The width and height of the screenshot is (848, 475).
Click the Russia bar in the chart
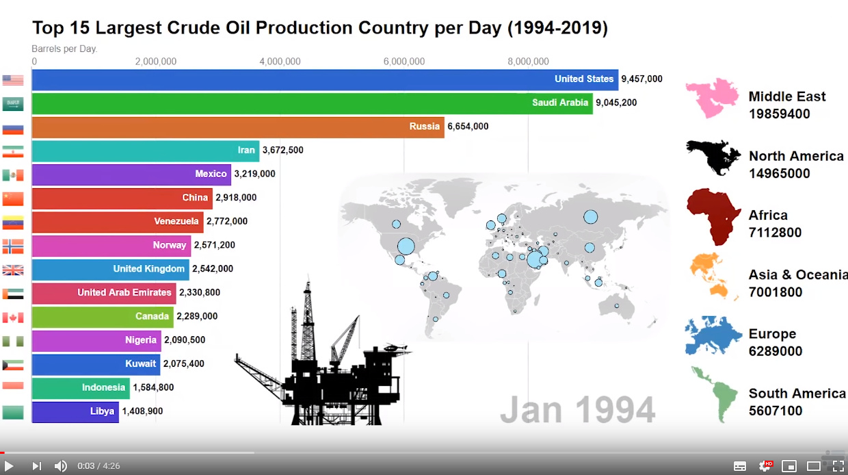click(x=238, y=127)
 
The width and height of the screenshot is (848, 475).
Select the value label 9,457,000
click(x=641, y=79)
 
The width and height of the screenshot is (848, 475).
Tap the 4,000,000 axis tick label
click(x=280, y=62)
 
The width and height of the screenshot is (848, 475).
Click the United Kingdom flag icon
click(x=13, y=270)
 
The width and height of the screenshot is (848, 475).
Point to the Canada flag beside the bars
click(x=13, y=318)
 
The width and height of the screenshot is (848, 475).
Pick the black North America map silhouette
click(x=713, y=158)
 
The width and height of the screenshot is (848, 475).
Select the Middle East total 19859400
click(x=779, y=114)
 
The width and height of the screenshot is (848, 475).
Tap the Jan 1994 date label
click(x=578, y=409)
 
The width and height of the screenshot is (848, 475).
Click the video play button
click(x=9, y=466)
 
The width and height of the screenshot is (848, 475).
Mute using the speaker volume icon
click(x=61, y=466)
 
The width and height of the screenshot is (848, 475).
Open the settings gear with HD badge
click(x=765, y=465)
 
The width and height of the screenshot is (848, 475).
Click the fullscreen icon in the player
click(x=838, y=466)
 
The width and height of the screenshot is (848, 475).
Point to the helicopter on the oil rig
click(x=395, y=347)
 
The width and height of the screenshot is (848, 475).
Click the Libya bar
click(x=75, y=412)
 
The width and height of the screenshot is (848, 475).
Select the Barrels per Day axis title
click(x=64, y=49)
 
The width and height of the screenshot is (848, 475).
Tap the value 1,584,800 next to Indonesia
click(x=153, y=387)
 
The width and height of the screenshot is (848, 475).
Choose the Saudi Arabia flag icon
click(x=13, y=104)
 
